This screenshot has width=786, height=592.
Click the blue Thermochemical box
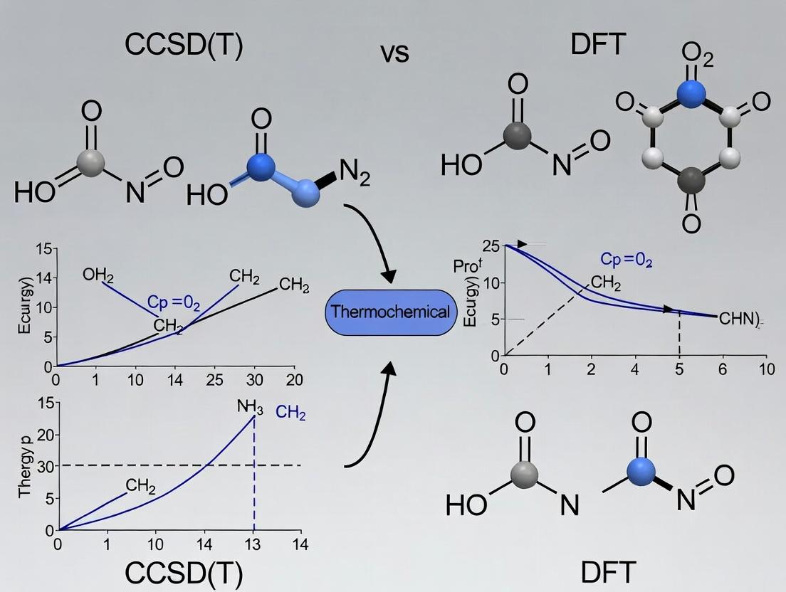coord(390,312)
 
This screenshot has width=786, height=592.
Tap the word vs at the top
coord(394,53)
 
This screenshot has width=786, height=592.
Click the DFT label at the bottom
coord(607,571)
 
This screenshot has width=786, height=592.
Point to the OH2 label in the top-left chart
coord(98,275)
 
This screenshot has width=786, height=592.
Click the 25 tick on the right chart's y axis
coord(490,246)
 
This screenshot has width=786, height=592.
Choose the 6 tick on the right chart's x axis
coord(723,369)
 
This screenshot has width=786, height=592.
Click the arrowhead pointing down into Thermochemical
coord(389,274)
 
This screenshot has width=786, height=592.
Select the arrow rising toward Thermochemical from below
coord(377,413)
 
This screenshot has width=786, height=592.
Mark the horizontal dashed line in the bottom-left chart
coord(178,465)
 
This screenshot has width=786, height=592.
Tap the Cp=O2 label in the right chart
coord(626,260)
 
